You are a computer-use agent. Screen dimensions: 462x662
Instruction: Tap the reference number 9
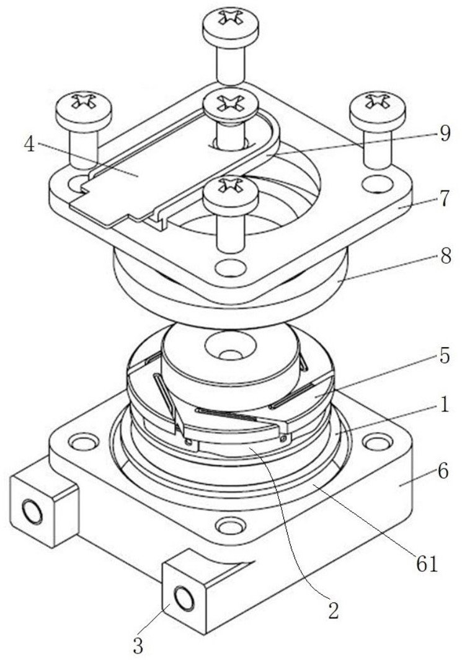coord(444,134)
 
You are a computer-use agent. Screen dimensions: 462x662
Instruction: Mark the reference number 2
coord(333,611)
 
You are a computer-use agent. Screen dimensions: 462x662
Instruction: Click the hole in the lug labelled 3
coord(184,599)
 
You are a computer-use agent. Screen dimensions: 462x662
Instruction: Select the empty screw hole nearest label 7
coord(375,183)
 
